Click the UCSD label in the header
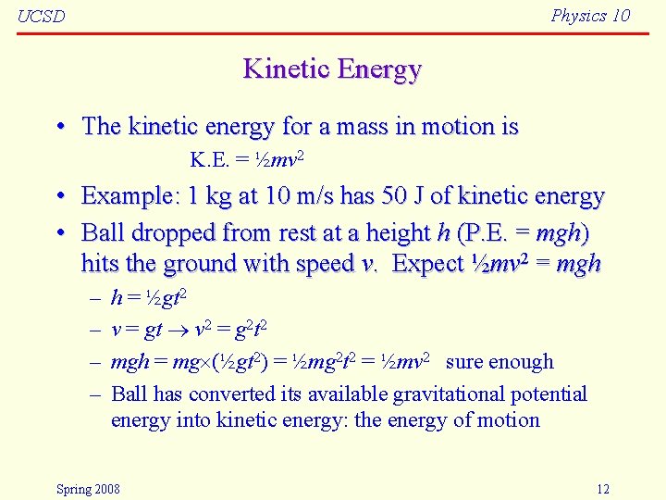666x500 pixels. pyautogui.click(x=42, y=17)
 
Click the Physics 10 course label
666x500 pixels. pyautogui.click(x=590, y=15)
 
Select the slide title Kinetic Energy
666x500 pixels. pyautogui.click(x=332, y=69)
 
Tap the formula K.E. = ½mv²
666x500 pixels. pyautogui.click(x=247, y=160)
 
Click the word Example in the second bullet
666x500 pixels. pyautogui.click(x=126, y=196)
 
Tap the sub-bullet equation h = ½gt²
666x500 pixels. pyautogui.click(x=149, y=298)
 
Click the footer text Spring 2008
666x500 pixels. pyautogui.click(x=88, y=489)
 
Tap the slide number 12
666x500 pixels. pyautogui.click(x=602, y=489)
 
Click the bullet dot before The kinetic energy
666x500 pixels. pyautogui.click(x=59, y=127)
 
